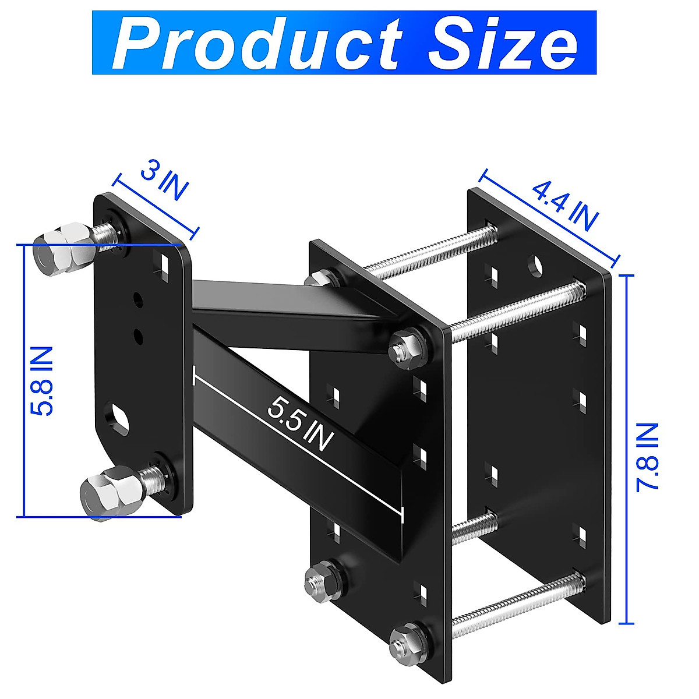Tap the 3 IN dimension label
pos(165,182)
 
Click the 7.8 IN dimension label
pos(647,457)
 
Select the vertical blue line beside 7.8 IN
pos(627,449)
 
